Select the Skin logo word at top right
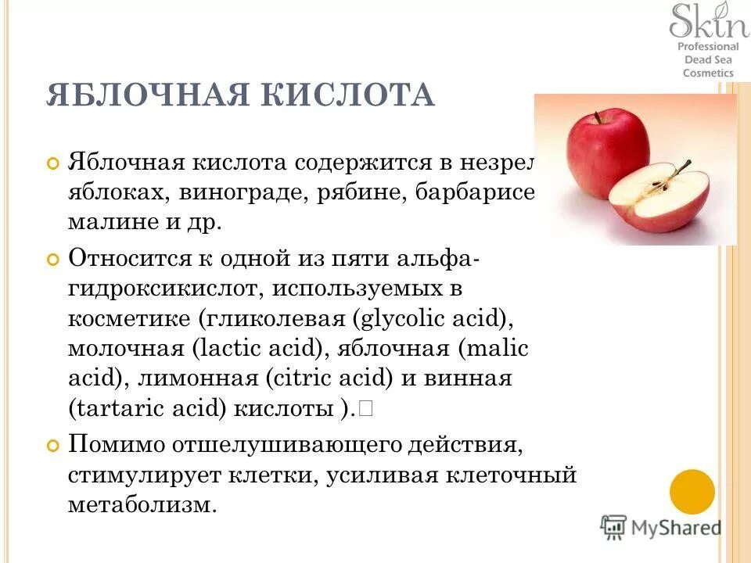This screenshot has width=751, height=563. click(x=708, y=22)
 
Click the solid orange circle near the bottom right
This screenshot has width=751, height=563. click(x=692, y=492)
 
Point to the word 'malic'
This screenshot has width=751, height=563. click(x=501, y=350)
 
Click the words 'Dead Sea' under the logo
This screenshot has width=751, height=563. click(x=708, y=59)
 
